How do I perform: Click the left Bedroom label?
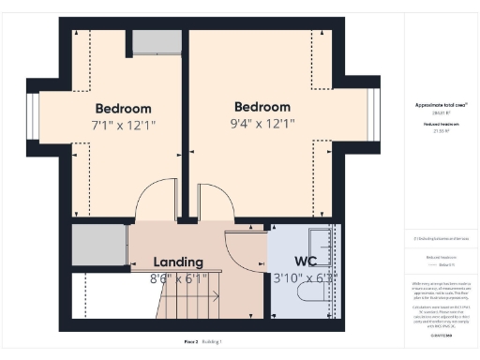123,108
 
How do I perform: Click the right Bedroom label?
262,107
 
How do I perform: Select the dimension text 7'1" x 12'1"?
123,125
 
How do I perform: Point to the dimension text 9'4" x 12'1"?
262,124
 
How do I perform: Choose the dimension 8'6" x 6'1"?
178,277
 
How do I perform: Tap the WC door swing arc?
246,248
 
